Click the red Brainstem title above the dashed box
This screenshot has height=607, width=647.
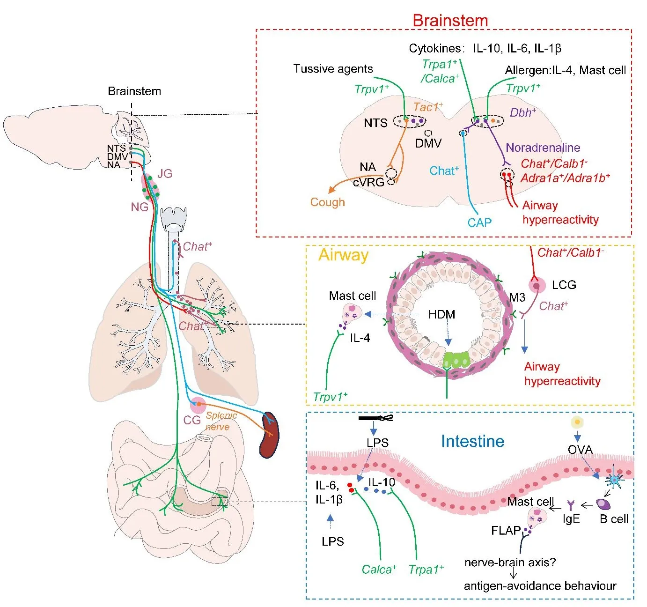[450, 21]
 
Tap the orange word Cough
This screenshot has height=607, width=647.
[327, 202]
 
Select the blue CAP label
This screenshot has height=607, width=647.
[479, 222]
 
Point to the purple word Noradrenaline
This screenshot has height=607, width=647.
[543, 148]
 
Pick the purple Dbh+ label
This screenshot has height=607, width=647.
[522, 112]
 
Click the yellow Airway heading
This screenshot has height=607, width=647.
[343, 255]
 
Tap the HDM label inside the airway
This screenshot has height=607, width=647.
[441, 314]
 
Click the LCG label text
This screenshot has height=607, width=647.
[564, 285]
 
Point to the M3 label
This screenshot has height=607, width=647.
[517, 297]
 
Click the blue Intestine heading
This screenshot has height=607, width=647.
[472, 441]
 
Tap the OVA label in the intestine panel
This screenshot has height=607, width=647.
[580, 450]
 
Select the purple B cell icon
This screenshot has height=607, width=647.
[603, 504]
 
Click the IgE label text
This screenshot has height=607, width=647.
[571, 518]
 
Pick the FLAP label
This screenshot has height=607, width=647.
[506, 531]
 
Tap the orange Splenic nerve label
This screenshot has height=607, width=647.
[221, 421]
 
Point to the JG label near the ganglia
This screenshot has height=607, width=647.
[165, 174]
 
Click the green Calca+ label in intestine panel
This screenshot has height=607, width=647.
[379, 570]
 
